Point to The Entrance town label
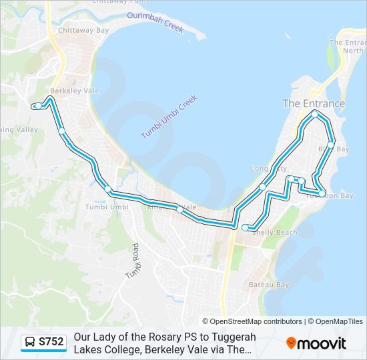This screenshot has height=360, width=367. (314, 103)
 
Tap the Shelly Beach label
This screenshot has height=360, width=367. (274, 232)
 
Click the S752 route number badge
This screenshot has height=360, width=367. (51, 342)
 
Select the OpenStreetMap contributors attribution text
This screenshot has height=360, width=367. (252, 321)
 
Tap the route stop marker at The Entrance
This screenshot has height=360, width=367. (315, 114)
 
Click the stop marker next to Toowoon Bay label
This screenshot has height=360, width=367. (322, 194)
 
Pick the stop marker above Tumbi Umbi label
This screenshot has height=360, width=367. (108, 189)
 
